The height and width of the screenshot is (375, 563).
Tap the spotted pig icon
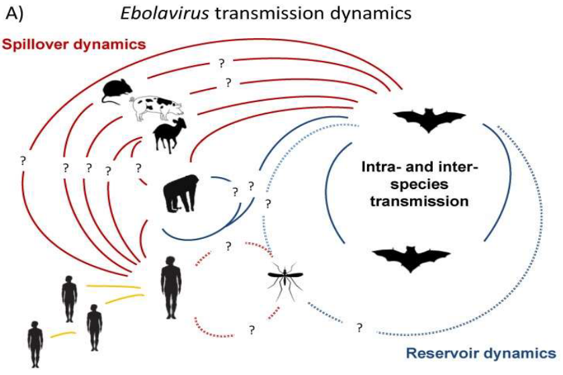(x=156, y=107)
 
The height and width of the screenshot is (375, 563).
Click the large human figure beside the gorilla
(x=171, y=287)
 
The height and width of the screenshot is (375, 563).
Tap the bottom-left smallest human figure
(x=35, y=342)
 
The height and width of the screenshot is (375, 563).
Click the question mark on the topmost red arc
(x=221, y=62)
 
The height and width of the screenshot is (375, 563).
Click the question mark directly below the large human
(x=252, y=329)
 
